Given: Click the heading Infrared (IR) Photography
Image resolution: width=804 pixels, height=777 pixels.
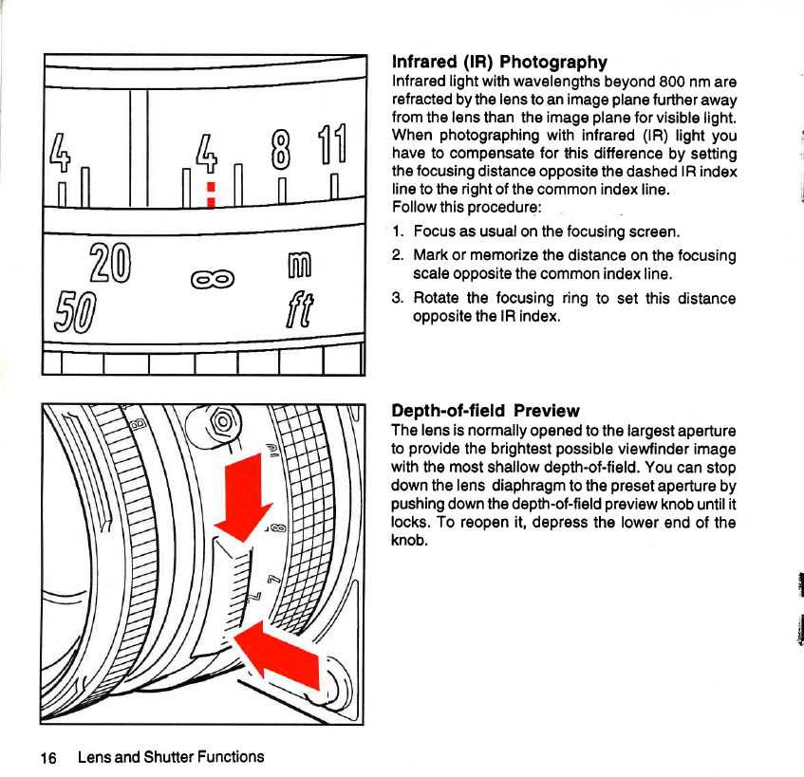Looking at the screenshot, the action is tap(499, 62).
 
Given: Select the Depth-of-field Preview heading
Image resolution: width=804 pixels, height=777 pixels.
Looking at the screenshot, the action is tap(485, 411).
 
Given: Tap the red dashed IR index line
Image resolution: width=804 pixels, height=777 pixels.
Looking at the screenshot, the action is tap(211, 194).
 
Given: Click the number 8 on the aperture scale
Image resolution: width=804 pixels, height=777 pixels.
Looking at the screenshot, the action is tap(280, 150).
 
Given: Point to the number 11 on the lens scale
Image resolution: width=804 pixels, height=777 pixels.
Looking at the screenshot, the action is tap(333, 144).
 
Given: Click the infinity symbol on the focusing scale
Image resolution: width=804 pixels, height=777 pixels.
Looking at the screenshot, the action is tap(213, 279).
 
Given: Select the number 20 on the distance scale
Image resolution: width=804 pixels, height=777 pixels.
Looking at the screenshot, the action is tap(110, 263).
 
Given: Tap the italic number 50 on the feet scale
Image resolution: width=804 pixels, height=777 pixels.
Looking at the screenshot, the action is tap(75, 311).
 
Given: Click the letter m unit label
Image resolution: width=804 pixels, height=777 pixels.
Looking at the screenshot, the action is tap(299, 265).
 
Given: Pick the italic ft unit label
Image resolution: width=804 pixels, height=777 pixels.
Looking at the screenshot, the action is tap(299, 309).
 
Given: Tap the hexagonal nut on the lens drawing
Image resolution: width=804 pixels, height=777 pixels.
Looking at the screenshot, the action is tap(223, 422).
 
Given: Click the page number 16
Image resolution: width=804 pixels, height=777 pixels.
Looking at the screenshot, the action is tap(48, 758).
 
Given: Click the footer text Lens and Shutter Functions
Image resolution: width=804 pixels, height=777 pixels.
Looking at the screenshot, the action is tap(171, 757).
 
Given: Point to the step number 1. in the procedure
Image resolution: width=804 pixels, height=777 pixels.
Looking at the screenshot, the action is tap(399, 231).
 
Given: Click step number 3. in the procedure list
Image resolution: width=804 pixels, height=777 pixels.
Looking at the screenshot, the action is tap(398, 298).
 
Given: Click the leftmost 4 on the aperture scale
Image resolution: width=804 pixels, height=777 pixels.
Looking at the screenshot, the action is tap(60, 152).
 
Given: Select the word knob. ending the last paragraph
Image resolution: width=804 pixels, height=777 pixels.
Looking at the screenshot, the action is tap(409, 540).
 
